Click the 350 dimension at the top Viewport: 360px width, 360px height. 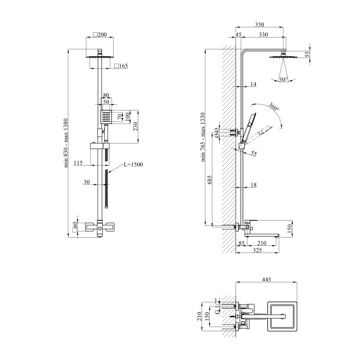259,24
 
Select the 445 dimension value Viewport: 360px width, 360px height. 266,279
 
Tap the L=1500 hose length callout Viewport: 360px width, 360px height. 133,165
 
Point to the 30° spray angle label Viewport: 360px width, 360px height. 283,79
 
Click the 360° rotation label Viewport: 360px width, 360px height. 274,106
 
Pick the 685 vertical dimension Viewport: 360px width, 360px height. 210,179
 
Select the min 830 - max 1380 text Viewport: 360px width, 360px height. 66,143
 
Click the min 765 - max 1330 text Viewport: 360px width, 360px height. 203,137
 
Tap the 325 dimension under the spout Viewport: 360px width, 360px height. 257,250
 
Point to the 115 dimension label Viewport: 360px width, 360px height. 78,163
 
